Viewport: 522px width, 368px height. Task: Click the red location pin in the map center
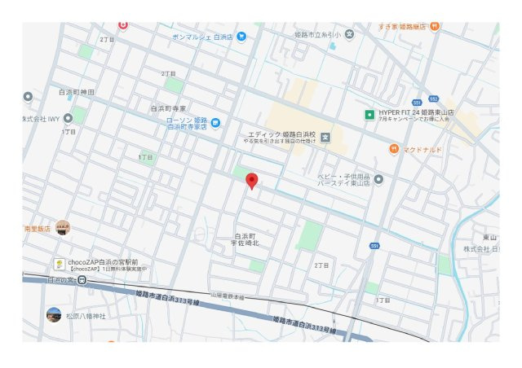coord(252,182)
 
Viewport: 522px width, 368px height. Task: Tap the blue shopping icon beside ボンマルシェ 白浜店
coord(241,37)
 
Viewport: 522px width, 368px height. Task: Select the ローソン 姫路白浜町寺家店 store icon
coord(215,123)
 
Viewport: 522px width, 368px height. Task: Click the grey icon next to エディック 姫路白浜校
coord(325,135)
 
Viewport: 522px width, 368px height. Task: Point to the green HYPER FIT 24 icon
coord(369,113)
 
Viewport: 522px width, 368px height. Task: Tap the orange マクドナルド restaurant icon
coord(394,149)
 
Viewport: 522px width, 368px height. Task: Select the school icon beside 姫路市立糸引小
coord(350,34)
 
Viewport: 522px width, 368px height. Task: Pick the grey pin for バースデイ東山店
coord(378,179)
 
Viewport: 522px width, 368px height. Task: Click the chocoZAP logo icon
coord(60,264)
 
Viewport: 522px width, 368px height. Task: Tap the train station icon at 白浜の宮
coord(82,280)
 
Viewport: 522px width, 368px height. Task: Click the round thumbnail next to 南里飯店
coord(63,228)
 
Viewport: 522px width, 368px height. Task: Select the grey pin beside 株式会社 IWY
coord(29,97)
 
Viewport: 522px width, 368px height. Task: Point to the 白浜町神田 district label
coord(77,92)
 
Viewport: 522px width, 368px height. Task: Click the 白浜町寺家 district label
coord(168,107)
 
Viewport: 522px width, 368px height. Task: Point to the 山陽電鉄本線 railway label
coord(228,296)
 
